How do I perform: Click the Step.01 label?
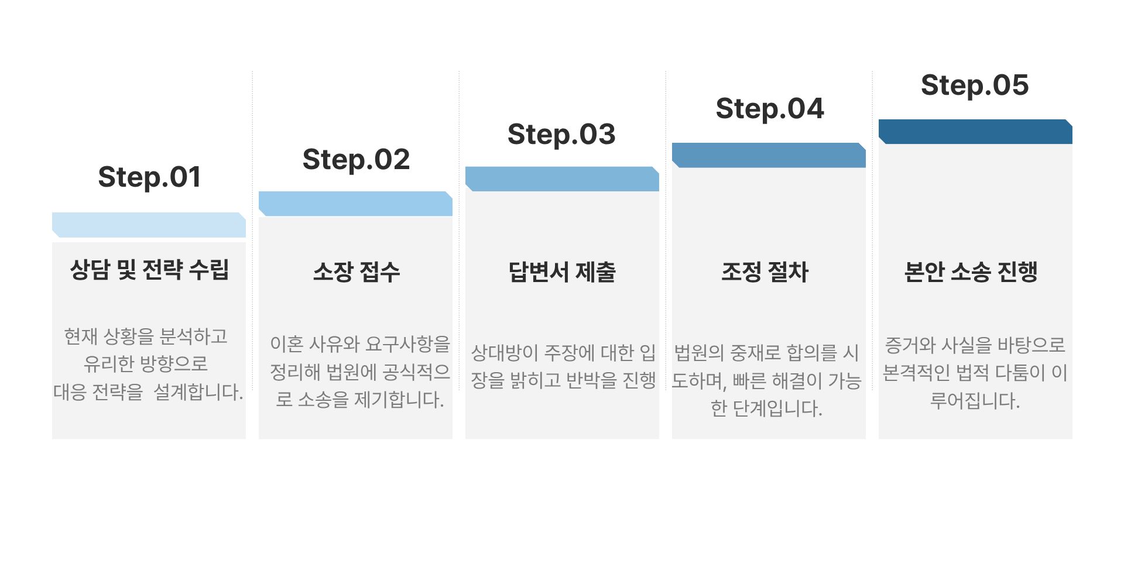coord(149,177)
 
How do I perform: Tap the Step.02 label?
coord(356,160)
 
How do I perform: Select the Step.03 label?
coord(561,135)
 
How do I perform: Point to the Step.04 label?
coord(769,109)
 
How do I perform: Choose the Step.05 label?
coord(975,85)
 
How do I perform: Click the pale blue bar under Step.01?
coord(149,225)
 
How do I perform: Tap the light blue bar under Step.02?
coord(355,204)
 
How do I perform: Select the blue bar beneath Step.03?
coord(562,179)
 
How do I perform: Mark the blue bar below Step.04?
coord(769,155)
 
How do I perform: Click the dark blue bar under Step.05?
coord(975,132)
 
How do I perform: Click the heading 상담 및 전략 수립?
coord(149,270)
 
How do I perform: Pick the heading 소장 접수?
coord(356,272)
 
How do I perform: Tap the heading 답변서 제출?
coord(562,272)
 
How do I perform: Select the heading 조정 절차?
coord(765,272)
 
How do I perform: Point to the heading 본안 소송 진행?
coord(971,272)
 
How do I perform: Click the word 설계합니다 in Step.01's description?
coord(198,391)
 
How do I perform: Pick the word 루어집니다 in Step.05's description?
coord(975,401)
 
